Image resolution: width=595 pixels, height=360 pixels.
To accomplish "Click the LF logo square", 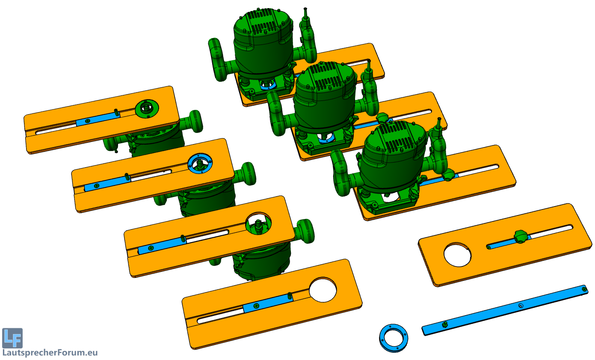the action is pos(12,338).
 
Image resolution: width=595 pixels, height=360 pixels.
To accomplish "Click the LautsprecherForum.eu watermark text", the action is pos(50,353).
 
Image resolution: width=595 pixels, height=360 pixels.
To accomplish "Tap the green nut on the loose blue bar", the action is pos(445,325).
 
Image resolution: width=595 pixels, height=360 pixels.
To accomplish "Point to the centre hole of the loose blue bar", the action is pos(521,306).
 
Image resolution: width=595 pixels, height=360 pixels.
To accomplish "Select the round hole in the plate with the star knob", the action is pos(457,255).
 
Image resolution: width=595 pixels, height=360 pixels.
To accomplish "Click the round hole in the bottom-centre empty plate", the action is pos(323,290).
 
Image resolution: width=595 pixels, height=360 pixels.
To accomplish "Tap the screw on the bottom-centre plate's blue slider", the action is pos(256,306).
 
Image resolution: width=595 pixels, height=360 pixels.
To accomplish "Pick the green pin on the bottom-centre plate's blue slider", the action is pos(290,295).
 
